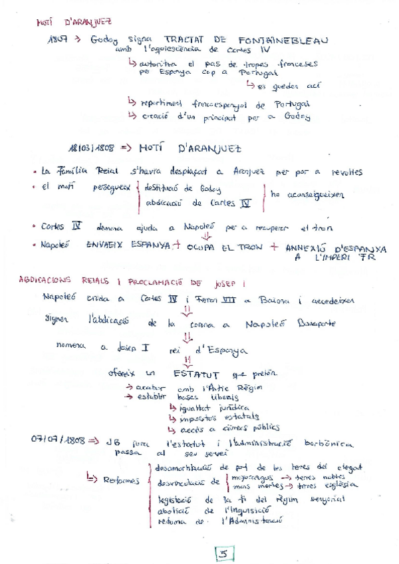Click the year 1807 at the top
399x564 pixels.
click(x=59, y=39)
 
